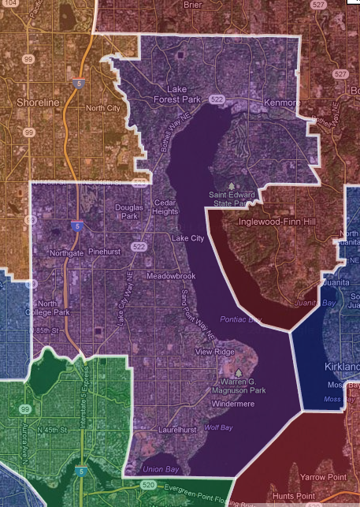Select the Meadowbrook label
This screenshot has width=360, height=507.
tap(170, 277)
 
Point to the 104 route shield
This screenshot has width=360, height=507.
tap(9, 3)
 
